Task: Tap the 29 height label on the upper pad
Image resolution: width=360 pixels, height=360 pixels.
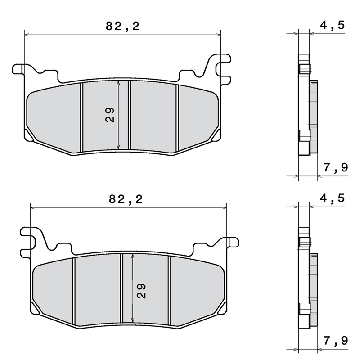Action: [x=110, y=115]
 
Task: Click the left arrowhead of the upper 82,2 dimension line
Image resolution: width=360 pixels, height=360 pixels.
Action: [x=26, y=34]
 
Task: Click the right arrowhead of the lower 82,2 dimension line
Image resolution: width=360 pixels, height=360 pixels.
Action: [x=225, y=207]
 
